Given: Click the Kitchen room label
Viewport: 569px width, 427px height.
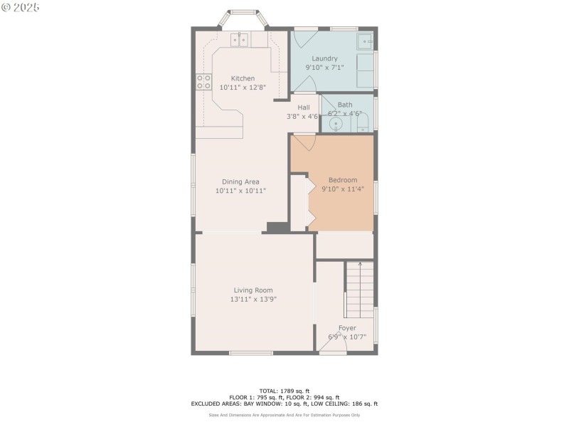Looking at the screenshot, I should pyautogui.click(x=243, y=78).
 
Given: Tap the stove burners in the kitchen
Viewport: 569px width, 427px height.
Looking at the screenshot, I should pyautogui.click(x=203, y=81).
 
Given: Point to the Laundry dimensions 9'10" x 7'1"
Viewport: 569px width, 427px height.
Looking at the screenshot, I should pyautogui.click(x=324, y=68).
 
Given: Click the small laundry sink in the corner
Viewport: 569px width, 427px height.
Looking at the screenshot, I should pyautogui.click(x=365, y=39).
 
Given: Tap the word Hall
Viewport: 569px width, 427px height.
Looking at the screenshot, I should pyautogui.click(x=303, y=107).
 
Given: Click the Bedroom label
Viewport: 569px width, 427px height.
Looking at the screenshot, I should pyautogui.click(x=342, y=180).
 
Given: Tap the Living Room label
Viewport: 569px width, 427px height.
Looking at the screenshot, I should pyautogui.click(x=253, y=290).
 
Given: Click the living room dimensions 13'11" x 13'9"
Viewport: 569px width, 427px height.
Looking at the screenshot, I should pyautogui.click(x=253, y=300).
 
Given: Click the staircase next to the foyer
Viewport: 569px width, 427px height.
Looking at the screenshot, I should pyautogui.click(x=360, y=290).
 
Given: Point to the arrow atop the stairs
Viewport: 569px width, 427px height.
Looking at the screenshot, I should pyautogui.click(x=360, y=265).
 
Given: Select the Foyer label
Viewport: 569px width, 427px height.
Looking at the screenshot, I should pyautogui.click(x=347, y=328).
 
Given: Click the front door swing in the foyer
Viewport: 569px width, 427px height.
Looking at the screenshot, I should pyautogui.click(x=333, y=347).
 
